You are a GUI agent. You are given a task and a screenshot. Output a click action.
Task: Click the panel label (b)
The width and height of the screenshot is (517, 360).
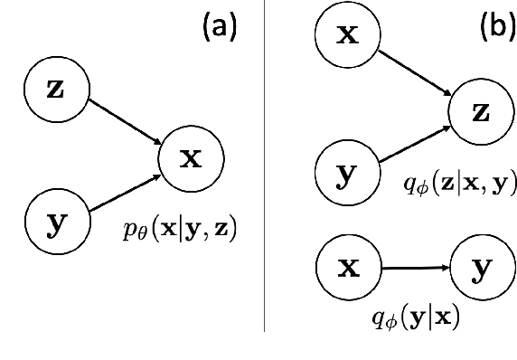[495, 28]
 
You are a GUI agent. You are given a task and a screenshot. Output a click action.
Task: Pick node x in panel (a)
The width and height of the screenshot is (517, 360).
[191, 159]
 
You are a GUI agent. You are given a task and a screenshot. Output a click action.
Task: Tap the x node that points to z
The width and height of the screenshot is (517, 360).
[346, 35]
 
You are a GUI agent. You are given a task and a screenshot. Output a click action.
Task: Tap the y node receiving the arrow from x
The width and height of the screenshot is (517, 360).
[482, 268]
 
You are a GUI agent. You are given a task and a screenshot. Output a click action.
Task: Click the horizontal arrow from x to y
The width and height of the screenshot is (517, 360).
[415, 268]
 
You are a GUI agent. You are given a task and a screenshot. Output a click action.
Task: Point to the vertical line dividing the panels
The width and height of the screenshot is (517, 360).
[265, 181]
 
